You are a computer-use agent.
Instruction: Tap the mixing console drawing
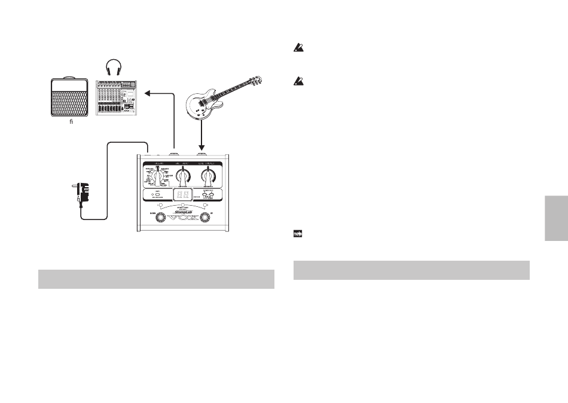(117, 97)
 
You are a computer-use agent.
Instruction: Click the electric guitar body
(203, 106)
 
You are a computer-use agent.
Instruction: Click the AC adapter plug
(81, 192)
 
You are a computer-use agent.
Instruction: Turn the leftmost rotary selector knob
(157, 176)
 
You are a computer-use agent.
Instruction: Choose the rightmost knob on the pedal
(207, 176)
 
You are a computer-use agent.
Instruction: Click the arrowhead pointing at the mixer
(147, 93)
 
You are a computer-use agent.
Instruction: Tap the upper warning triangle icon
(297, 52)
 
